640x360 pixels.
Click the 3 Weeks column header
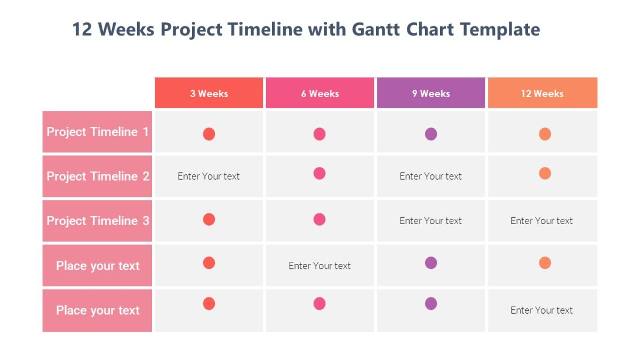[209, 93]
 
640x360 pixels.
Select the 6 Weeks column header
[319, 93]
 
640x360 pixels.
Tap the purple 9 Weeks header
[430, 93]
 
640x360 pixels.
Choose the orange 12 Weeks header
[542, 93]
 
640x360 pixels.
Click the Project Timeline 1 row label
[98, 132]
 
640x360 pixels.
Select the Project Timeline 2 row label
[98, 176]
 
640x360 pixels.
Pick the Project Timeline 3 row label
[98, 220]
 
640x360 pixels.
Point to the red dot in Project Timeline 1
[209, 134]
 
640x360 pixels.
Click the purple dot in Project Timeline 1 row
[431, 134]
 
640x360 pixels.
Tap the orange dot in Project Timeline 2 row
[545, 173]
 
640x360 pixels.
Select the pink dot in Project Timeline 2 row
[319, 173]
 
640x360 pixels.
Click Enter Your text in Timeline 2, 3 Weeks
[209, 176]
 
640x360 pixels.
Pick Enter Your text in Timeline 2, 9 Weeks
[430, 176]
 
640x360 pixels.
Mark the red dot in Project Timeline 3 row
[209, 219]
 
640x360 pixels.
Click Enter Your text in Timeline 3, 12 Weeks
[541, 221]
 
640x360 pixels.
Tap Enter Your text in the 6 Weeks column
[319, 266]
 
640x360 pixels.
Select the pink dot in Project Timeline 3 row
[319, 219]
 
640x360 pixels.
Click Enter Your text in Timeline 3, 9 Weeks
[430, 221]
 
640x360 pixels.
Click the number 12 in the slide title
[82, 29]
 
